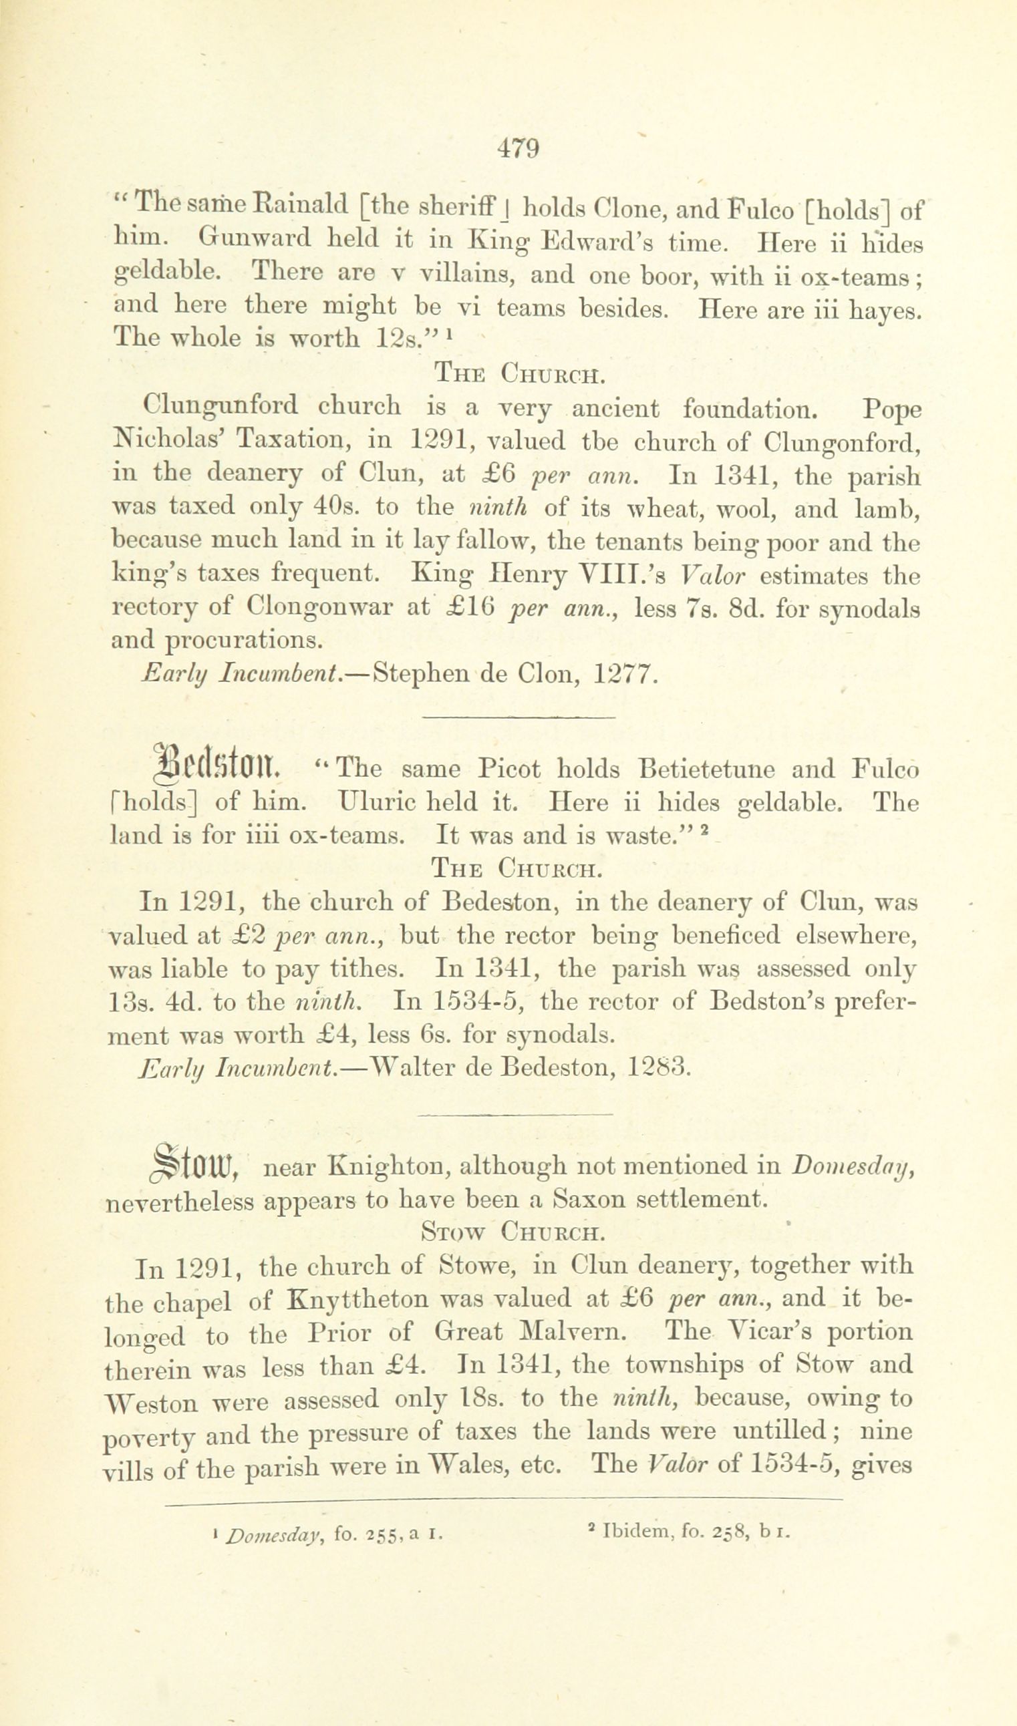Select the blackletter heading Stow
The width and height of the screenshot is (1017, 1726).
194,1165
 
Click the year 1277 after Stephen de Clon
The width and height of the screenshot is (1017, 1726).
625,675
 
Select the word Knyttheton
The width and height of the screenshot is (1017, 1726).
359,1298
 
